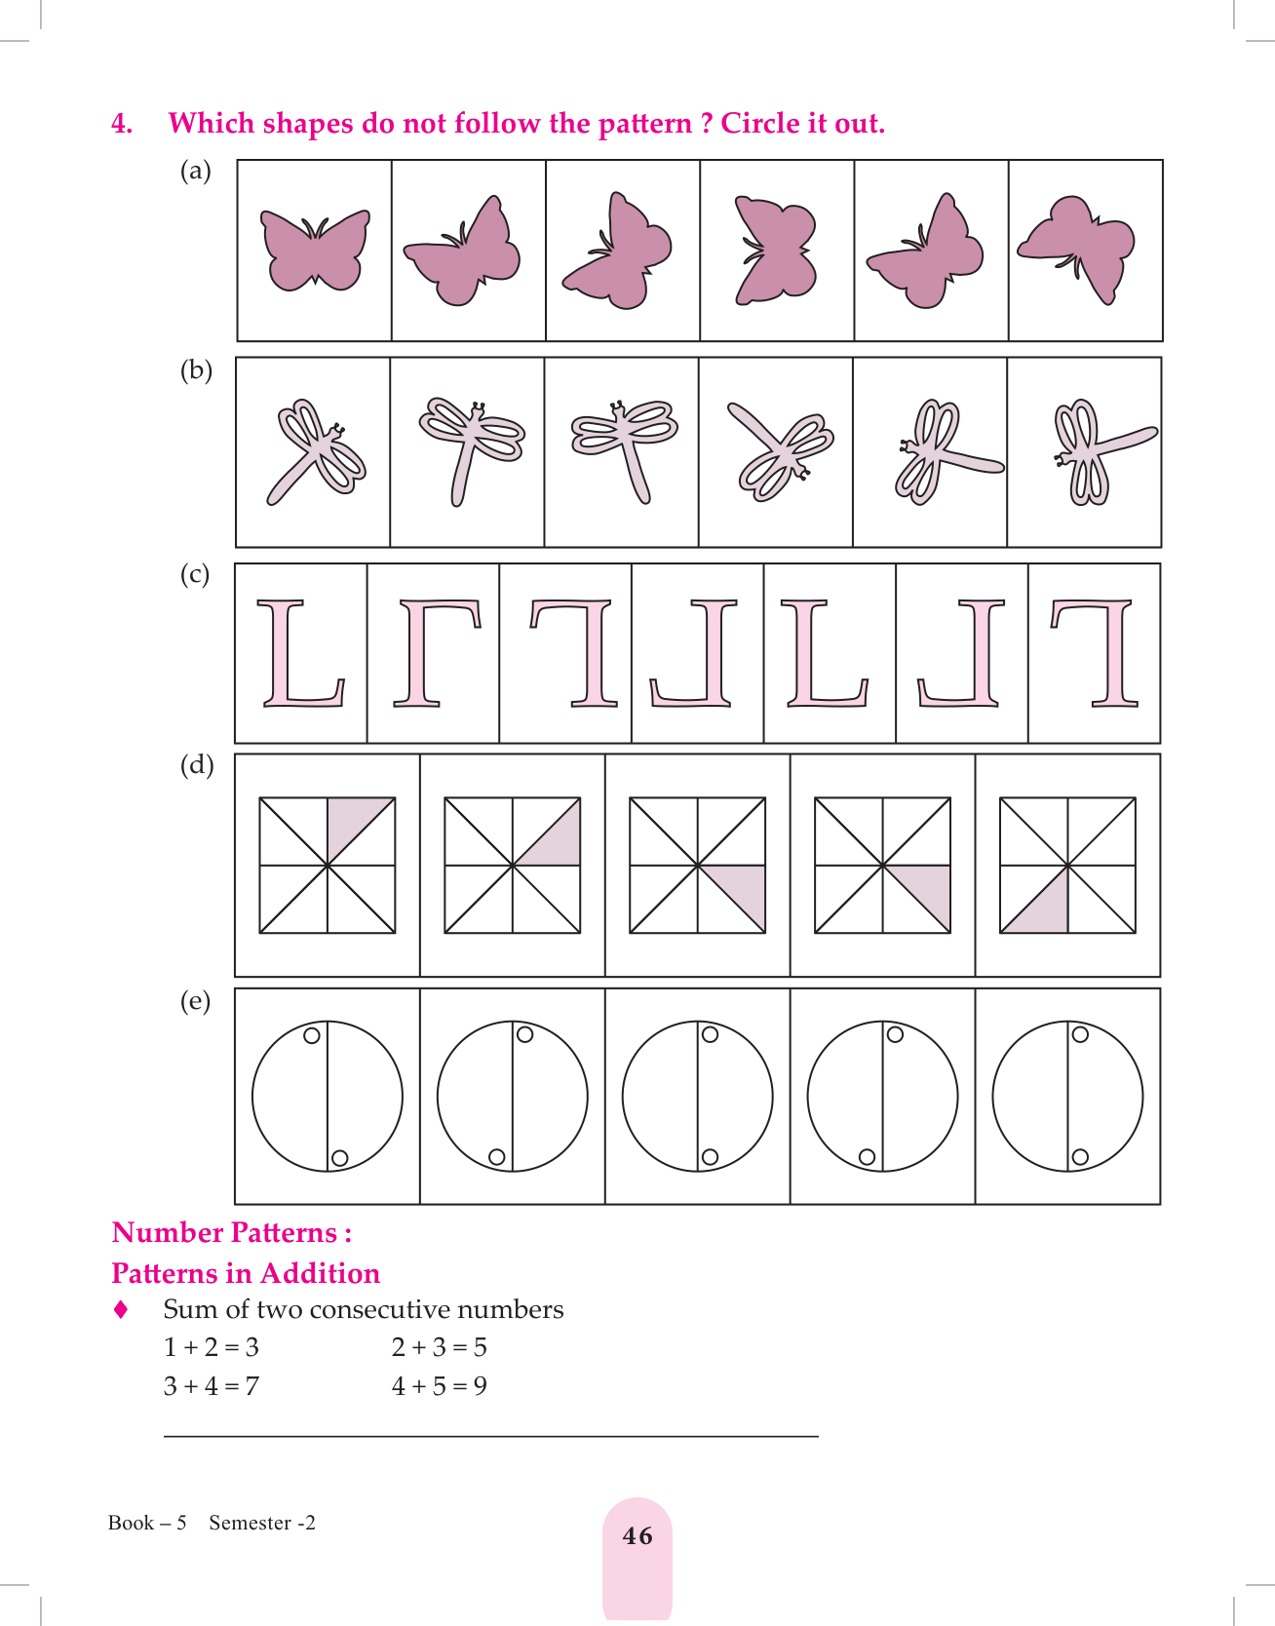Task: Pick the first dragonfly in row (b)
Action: [x=313, y=449]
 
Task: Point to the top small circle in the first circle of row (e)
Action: [x=312, y=1035]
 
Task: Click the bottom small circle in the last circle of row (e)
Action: [x=1080, y=1157]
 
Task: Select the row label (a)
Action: [x=196, y=172]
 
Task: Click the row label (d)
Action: [x=196, y=765]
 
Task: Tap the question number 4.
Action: [x=122, y=124]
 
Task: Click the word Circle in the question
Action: [x=757, y=124]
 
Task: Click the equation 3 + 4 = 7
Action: [x=212, y=1386]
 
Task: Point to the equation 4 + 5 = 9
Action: [x=440, y=1386]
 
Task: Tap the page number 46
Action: [x=637, y=1536]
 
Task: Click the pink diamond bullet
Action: [x=121, y=1309]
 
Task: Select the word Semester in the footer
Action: [x=251, y=1523]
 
